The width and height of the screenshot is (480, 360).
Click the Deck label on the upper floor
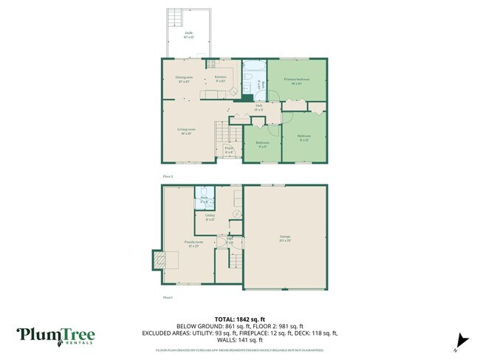coord(189,35)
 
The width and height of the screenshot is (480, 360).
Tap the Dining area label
coord(184,79)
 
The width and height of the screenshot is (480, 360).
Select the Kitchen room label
coord(220,78)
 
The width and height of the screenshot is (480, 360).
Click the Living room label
coord(185,131)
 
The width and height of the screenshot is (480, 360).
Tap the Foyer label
coord(230,150)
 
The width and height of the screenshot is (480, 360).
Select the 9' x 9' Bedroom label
coord(261,144)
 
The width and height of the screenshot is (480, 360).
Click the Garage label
coord(285,238)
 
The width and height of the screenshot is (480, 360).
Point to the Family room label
coord(193,243)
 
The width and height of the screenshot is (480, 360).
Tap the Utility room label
coord(210,217)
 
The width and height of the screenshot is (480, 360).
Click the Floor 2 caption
coord(168,176)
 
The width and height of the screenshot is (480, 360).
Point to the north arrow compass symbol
coord(462,339)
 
